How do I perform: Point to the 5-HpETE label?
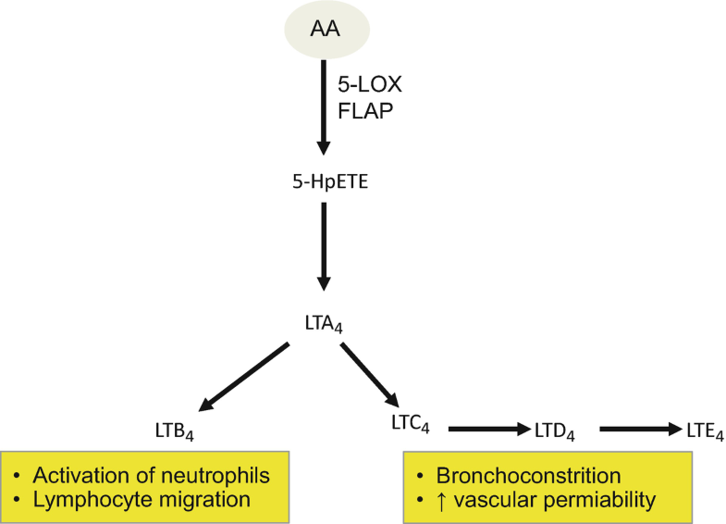click(324, 181)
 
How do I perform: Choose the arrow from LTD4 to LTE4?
click(639, 429)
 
